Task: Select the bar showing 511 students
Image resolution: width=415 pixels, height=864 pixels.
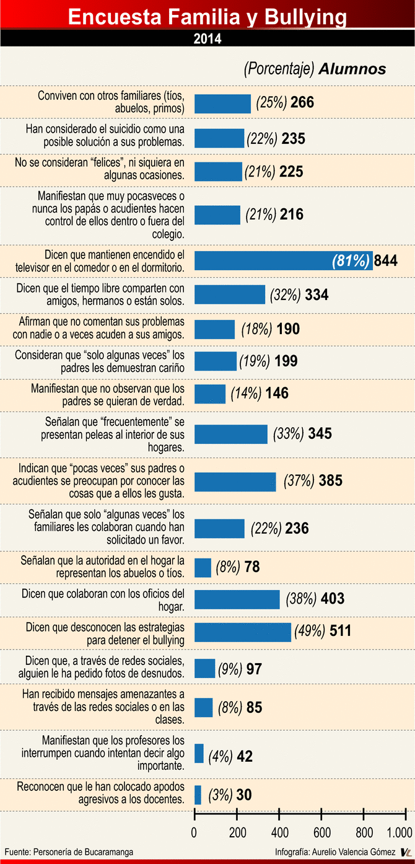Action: pos(243,632)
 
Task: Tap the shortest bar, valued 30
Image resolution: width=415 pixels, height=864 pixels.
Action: pos(198,795)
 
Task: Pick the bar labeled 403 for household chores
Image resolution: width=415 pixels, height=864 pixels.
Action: pos(237,599)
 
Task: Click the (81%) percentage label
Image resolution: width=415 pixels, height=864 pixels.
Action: pos(351,261)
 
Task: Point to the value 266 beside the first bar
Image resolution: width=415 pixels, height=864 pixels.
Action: pos(302,103)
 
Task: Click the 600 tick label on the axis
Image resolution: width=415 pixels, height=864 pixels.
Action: pos(321,831)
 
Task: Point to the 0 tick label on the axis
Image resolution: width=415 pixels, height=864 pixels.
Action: pos(194,831)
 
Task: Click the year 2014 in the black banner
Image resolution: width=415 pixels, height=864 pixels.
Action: pos(207,38)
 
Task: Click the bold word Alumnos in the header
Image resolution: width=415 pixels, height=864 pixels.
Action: pos(352,69)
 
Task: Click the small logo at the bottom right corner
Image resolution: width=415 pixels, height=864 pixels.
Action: pos(406,853)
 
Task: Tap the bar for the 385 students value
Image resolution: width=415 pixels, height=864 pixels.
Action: pos(235,481)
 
